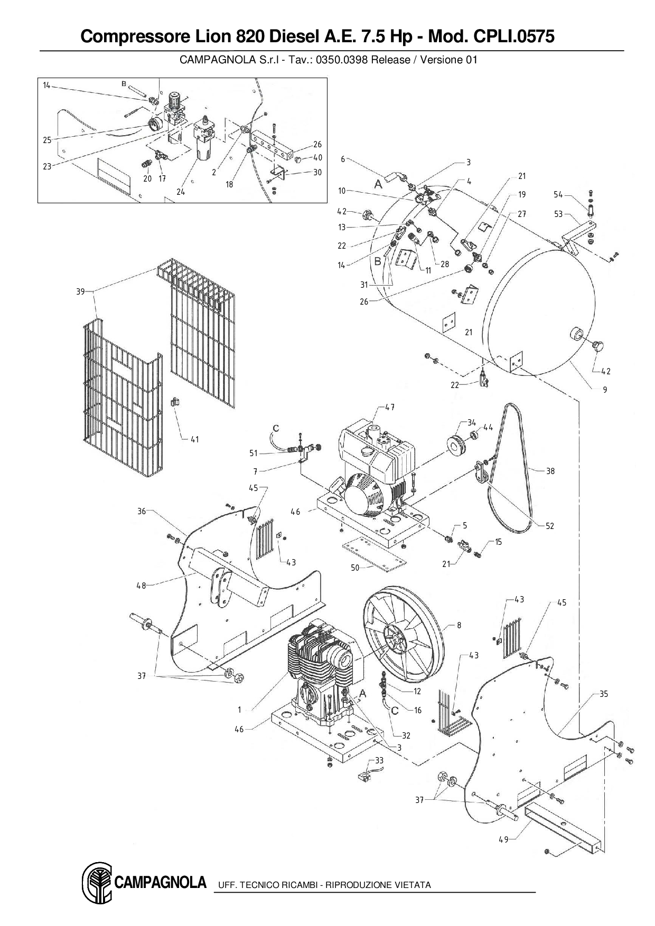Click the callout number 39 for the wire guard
(x=80, y=291)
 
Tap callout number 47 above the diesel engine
(x=390, y=407)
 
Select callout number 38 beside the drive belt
(x=550, y=471)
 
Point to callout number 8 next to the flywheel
(x=459, y=625)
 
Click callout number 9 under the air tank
(x=605, y=390)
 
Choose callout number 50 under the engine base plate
(x=355, y=567)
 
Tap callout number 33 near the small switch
(x=379, y=761)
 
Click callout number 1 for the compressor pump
(x=239, y=710)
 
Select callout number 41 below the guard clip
(x=195, y=439)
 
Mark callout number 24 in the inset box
(x=181, y=192)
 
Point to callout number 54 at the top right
(x=558, y=195)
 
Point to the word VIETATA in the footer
(x=413, y=885)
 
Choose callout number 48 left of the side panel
(x=142, y=585)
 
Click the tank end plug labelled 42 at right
(x=599, y=346)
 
